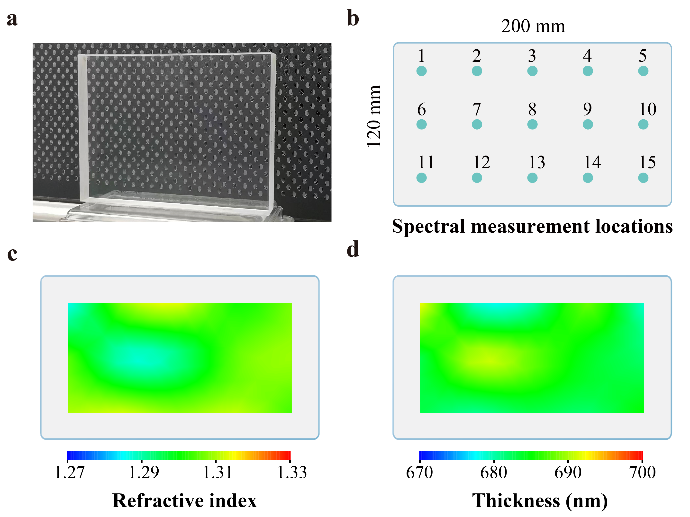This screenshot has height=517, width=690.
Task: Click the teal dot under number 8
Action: (532, 124)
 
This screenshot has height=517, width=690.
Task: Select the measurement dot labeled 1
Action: (421, 71)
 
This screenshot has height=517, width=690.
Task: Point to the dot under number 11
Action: (421, 178)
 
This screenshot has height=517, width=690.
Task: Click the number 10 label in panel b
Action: (648, 109)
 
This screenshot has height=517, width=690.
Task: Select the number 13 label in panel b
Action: (537, 162)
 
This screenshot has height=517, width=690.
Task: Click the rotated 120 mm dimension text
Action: (373, 116)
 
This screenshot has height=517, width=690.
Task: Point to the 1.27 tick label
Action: (69, 473)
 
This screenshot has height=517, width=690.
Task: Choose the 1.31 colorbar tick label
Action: (218, 473)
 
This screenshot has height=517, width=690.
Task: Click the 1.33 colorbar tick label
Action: (292, 473)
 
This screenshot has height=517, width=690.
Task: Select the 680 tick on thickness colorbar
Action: (494, 473)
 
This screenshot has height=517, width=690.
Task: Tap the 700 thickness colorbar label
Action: (643, 473)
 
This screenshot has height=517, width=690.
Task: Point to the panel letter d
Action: (353, 249)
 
